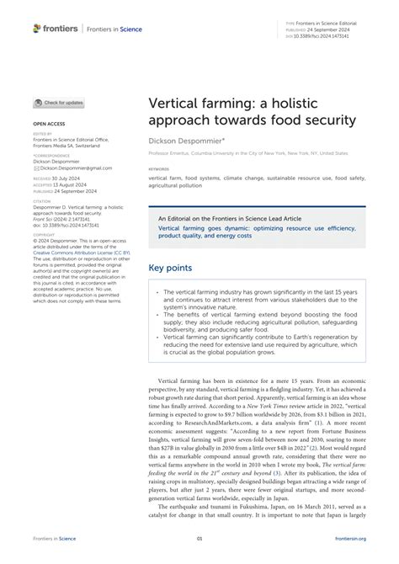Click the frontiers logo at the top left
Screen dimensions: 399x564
pos(56,29)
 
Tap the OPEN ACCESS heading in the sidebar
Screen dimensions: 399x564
pos(50,123)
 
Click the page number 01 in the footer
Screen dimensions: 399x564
pos(199,538)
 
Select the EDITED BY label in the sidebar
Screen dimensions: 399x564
pos(42,133)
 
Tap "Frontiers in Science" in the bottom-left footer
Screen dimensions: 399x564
pos(56,538)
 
